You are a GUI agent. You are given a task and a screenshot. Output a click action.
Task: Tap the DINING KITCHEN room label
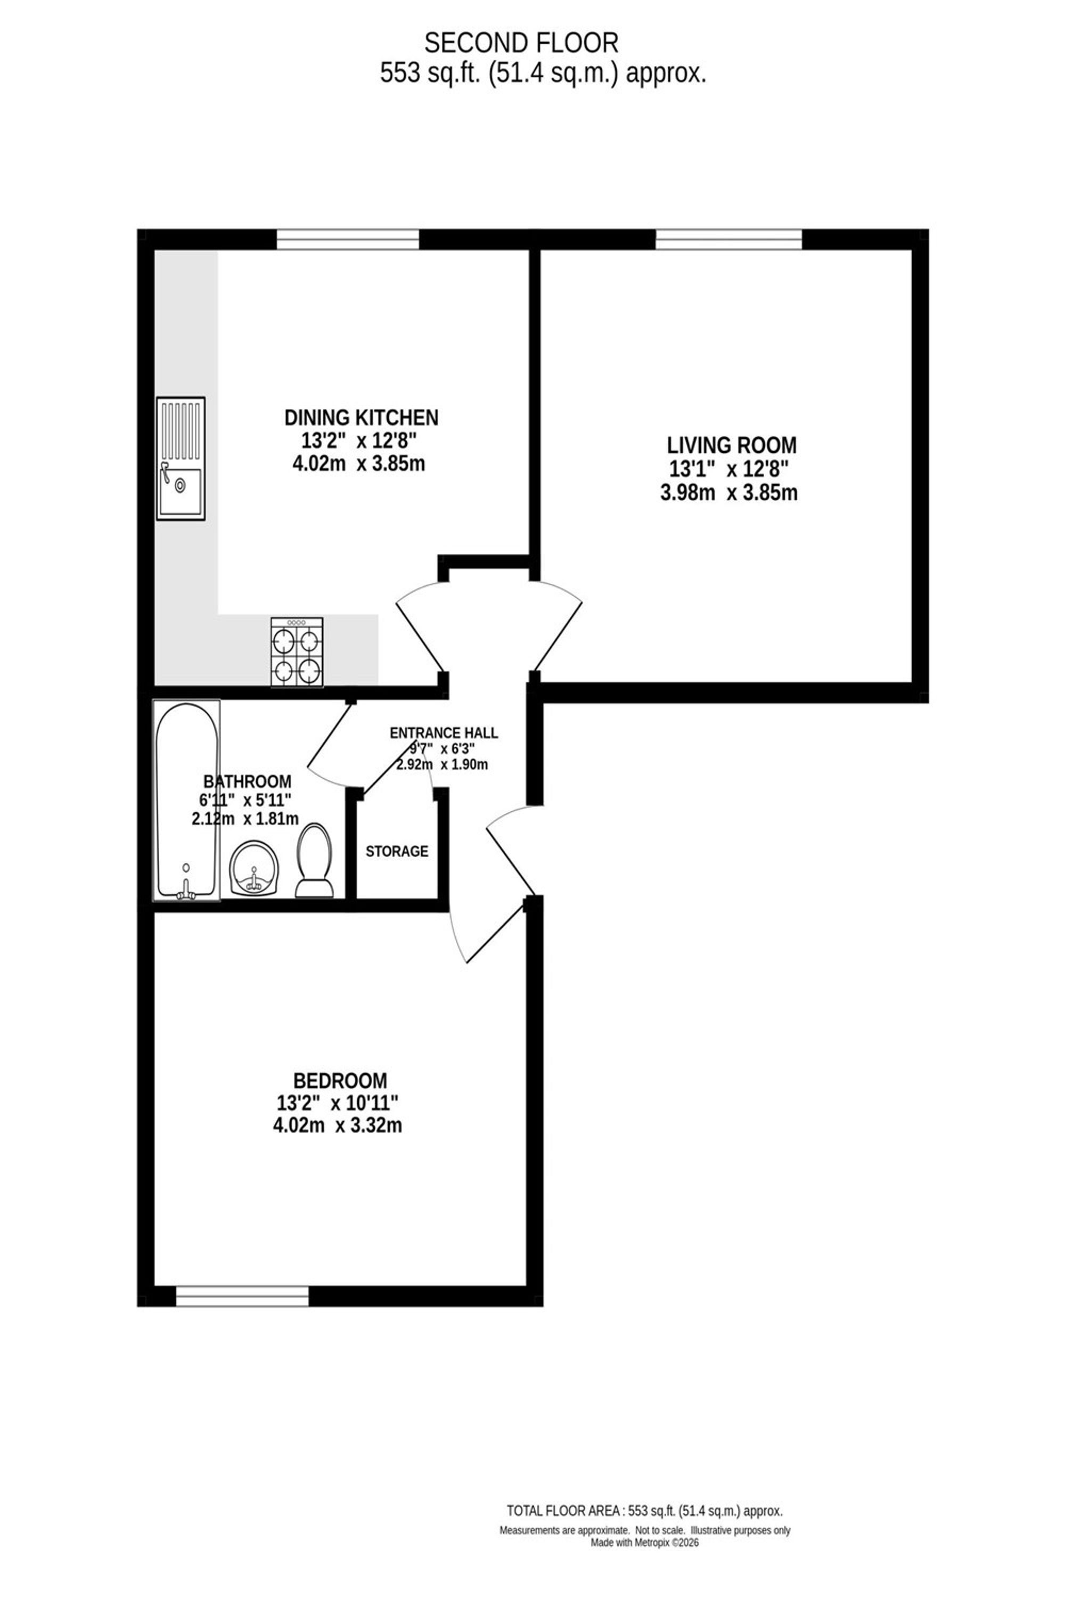pyautogui.click(x=362, y=417)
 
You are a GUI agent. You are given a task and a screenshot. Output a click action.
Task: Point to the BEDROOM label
pyautogui.click(x=340, y=1080)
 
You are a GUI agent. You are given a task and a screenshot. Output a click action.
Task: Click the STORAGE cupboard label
pyautogui.click(x=397, y=851)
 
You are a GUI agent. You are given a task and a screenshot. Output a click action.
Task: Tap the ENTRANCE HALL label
pyautogui.click(x=444, y=733)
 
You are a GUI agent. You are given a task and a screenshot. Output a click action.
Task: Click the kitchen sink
pyautogui.click(x=181, y=459)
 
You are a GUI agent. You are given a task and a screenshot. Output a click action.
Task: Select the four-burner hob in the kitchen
pyautogui.click(x=297, y=651)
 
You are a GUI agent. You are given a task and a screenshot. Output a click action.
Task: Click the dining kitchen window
pyautogui.click(x=348, y=239)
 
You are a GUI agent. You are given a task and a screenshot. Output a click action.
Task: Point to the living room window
pyautogui.click(x=729, y=239)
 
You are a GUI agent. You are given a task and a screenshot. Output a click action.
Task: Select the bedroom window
pyautogui.click(x=242, y=1297)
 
